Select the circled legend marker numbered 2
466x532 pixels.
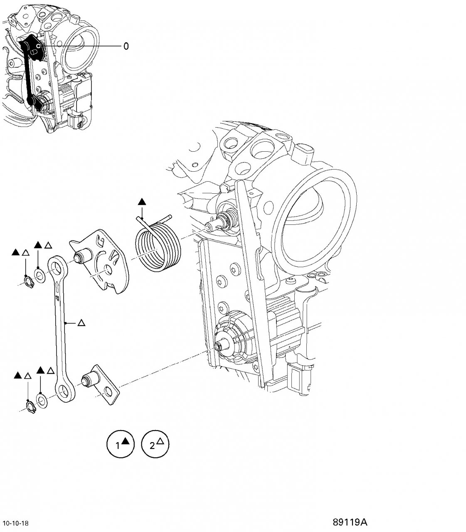(x=155, y=445)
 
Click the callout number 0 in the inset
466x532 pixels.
(x=126, y=46)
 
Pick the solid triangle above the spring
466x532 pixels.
(x=143, y=202)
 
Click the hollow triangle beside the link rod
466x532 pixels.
(x=81, y=322)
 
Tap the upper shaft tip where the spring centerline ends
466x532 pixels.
(x=209, y=227)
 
